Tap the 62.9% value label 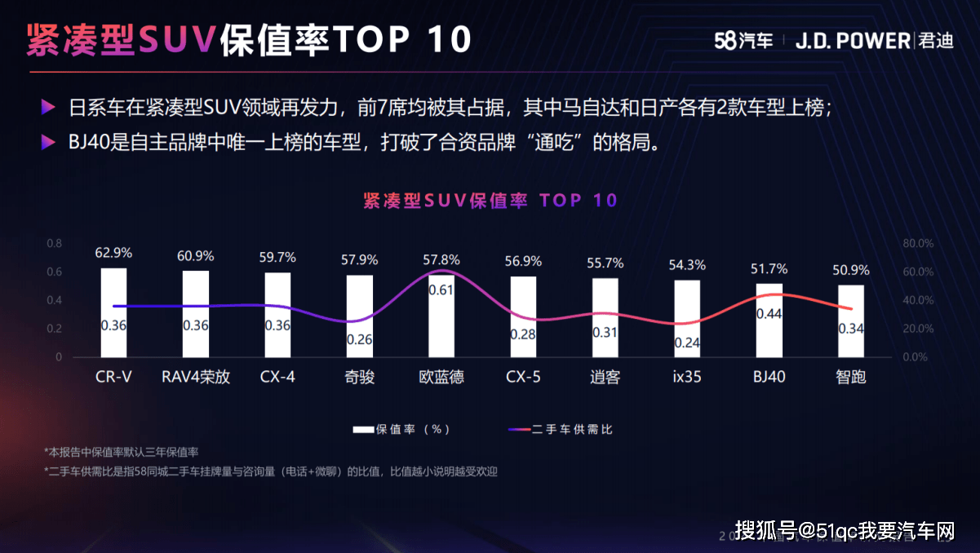click(x=113, y=253)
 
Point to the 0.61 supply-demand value click(x=441, y=290)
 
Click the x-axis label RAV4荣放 click(x=196, y=378)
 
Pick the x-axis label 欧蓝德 click(x=441, y=378)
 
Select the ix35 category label click(x=687, y=378)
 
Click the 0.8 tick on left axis click(x=54, y=243)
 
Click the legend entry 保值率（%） click(x=402, y=429)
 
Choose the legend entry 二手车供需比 click(x=560, y=429)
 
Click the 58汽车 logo click(x=743, y=40)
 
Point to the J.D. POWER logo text click(x=853, y=40)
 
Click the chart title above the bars click(x=490, y=201)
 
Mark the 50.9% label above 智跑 click(x=851, y=270)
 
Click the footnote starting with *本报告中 click(x=122, y=451)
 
